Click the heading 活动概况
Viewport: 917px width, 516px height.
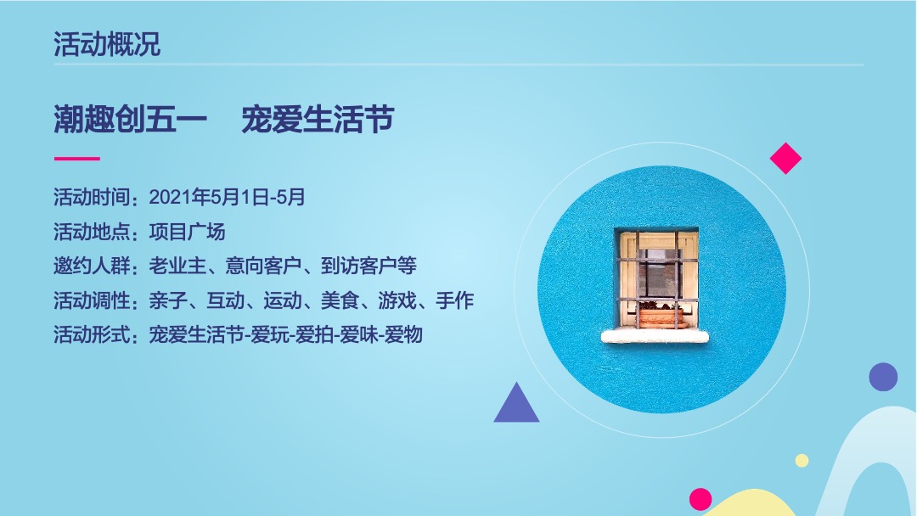(107, 44)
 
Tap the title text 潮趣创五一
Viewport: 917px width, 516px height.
(131, 121)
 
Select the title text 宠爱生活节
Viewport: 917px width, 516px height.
(318, 121)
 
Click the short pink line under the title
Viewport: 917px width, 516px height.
(77, 159)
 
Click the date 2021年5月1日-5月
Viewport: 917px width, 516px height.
(227, 198)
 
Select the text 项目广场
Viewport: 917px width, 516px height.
(187, 232)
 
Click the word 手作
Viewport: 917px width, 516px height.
(455, 300)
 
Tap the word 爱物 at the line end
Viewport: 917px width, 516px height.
(403, 334)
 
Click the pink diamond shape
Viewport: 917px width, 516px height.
(785, 159)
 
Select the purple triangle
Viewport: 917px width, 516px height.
(516, 406)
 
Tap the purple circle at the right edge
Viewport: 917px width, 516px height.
(883, 377)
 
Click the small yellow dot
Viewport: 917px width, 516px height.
(802, 460)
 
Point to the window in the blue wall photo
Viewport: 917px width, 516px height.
(655, 278)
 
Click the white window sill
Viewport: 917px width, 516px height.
(655, 336)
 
